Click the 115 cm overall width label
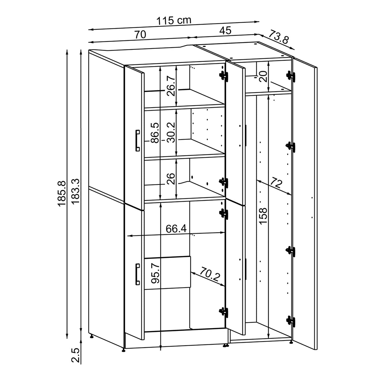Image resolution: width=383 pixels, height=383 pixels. [174, 20]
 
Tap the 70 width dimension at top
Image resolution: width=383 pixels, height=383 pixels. [140, 34]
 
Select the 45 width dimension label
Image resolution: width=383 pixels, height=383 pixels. [225, 31]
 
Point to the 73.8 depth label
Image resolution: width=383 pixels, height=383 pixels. [278, 37]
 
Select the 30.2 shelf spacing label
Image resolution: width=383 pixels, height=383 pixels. [171, 132]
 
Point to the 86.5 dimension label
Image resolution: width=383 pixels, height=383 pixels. [155, 133]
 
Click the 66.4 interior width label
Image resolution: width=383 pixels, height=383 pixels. [176, 229]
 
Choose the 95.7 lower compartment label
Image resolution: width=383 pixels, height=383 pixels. [155, 273]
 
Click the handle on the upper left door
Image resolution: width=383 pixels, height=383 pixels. [137, 140]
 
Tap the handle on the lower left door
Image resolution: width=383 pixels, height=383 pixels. [138, 274]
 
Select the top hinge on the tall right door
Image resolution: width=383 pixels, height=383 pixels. [291, 76]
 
